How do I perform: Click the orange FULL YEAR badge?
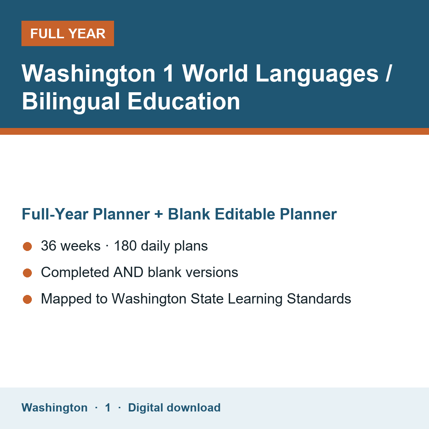point(68,33)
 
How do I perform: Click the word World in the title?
point(215,73)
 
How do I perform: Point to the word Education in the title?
point(184,101)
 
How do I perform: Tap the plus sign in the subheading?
point(158,214)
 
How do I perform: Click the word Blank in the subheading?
point(189,214)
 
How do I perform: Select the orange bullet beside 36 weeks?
point(28,246)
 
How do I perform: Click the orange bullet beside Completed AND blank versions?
point(28,273)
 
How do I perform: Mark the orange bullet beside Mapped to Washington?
point(28,299)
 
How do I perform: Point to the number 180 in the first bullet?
point(125,246)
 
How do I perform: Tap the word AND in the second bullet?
point(128,272)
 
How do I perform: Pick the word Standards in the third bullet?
point(319,299)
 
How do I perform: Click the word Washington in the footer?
point(55,408)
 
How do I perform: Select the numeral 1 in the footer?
point(108,408)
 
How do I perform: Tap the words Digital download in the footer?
point(174,408)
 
